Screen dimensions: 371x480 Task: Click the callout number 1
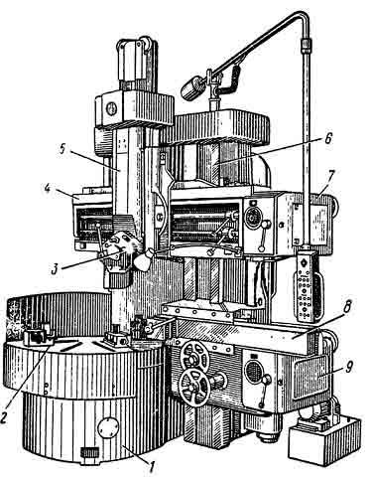tap(152, 467)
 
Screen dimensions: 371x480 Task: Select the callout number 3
tap(56, 269)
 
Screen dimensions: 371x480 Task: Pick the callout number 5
tap(62, 148)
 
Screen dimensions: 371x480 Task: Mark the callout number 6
tap(327, 139)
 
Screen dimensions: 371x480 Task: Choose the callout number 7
tap(331, 175)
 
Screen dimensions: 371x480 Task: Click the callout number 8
tap(346, 307)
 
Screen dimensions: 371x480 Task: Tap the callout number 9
tap(348, 367)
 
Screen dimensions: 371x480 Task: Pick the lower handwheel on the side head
tap(194, 388)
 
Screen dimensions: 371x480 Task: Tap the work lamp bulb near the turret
tap(143, 260)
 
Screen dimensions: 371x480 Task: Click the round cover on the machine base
tap(108, 427)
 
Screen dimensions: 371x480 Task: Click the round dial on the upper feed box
tap(253, 217)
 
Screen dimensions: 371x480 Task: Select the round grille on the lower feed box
tap(253, 372)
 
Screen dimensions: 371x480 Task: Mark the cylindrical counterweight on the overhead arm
tap(192, 88)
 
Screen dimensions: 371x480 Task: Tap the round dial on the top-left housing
tap(112, 108)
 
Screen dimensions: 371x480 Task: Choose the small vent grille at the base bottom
tap(90, 452)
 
